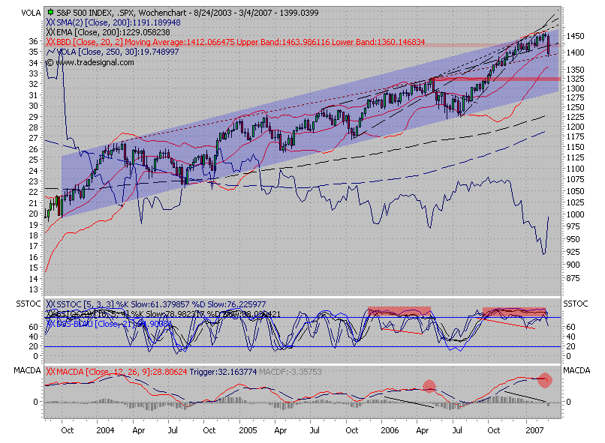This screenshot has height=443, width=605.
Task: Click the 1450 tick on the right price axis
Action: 576,36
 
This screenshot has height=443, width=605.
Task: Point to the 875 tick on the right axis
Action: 574,278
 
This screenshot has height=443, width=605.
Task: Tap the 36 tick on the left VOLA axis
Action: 32,41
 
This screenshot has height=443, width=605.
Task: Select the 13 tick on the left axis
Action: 32,289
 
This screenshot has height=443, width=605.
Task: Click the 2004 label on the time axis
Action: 105,431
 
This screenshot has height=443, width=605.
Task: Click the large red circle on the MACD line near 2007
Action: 546,380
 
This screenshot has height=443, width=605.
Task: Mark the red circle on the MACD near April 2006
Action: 429,386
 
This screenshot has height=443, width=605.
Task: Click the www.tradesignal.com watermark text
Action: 94,62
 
